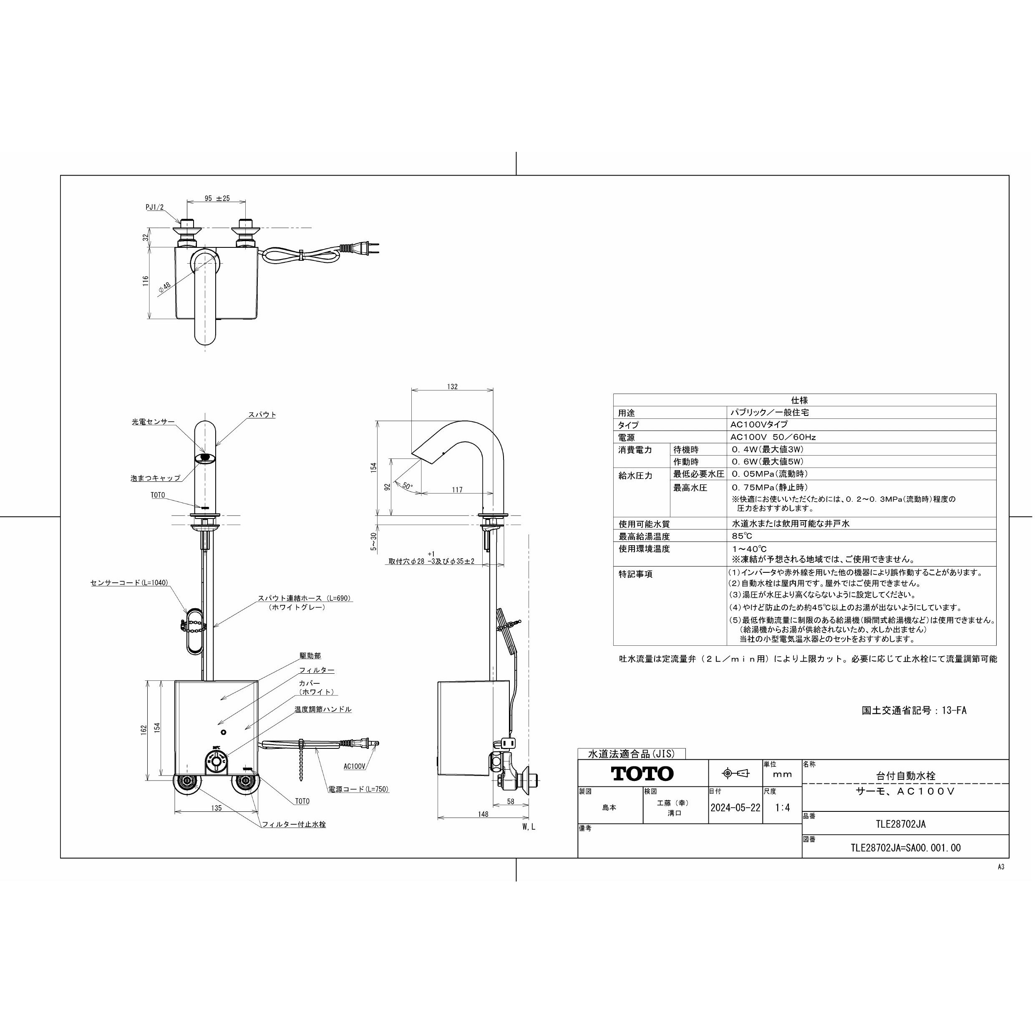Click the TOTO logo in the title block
pyautogui.click(x=642, y=773)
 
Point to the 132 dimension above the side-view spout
pyautogui.click(x=452, y=387)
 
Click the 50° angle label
pyautogui.click(x=408, y=486)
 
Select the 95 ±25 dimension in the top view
pyautogui.click(x=217, y=198)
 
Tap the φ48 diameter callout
pyautogui.click(x=164, y=287)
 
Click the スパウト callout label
pyautogui.click(x=262, y=415)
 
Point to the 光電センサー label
pyautogui.click(x=153, y=422)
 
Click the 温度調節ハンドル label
pyautogui.click(x=323, y=709)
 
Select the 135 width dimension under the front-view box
pyautogui.click(x=217, y=808)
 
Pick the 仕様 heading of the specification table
pyautogui.click(x=799, y=400)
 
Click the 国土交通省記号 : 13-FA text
pyautogui.click(x=914, y=711)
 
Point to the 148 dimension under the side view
pyautogui.click(x=483, y=814)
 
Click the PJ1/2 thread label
pyautogui.click(x=154, y=207)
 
